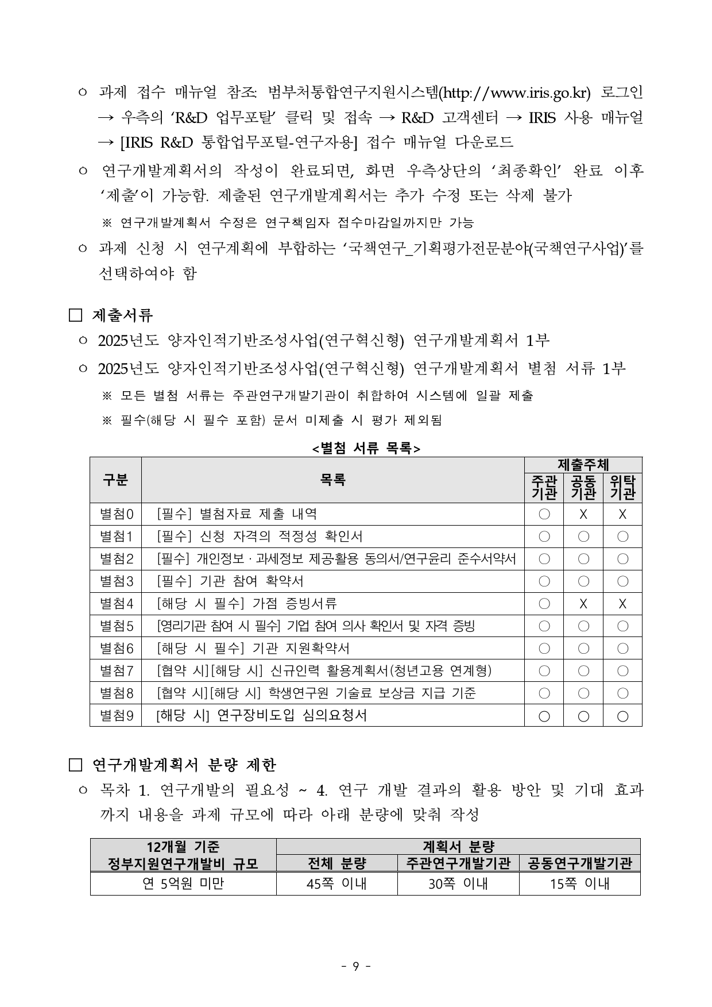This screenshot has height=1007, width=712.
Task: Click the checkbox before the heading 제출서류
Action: click(76, 315)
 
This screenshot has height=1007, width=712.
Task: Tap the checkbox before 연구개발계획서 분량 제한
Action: click(76, 765)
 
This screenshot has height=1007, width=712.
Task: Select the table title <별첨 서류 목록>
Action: click(366, 449)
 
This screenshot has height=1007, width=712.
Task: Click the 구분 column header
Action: click(115, 480)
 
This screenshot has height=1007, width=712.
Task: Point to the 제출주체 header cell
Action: click(583, 465)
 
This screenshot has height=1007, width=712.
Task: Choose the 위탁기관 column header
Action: click(622, 487)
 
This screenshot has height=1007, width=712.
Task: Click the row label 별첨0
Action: click(116, 514)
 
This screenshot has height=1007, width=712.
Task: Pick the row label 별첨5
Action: click(116, 626)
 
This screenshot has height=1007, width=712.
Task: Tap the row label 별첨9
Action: click(116, 716)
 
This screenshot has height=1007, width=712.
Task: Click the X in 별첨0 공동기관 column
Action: click(583, 515)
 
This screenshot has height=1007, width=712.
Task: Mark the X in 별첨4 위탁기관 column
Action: click(622, 604)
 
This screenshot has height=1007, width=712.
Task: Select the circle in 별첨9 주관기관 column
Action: click(544, 716)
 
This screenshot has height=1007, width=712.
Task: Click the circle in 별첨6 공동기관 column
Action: click(583, 649)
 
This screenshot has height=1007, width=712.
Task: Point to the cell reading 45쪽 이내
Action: click(336, 884)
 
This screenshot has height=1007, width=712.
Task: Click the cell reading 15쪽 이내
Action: click(579, 884)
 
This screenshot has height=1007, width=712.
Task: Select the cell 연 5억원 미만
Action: click(183, 884)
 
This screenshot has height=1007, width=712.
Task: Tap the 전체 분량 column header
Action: click(336, 863)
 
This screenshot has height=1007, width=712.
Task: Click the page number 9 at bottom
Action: click(355, 966)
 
